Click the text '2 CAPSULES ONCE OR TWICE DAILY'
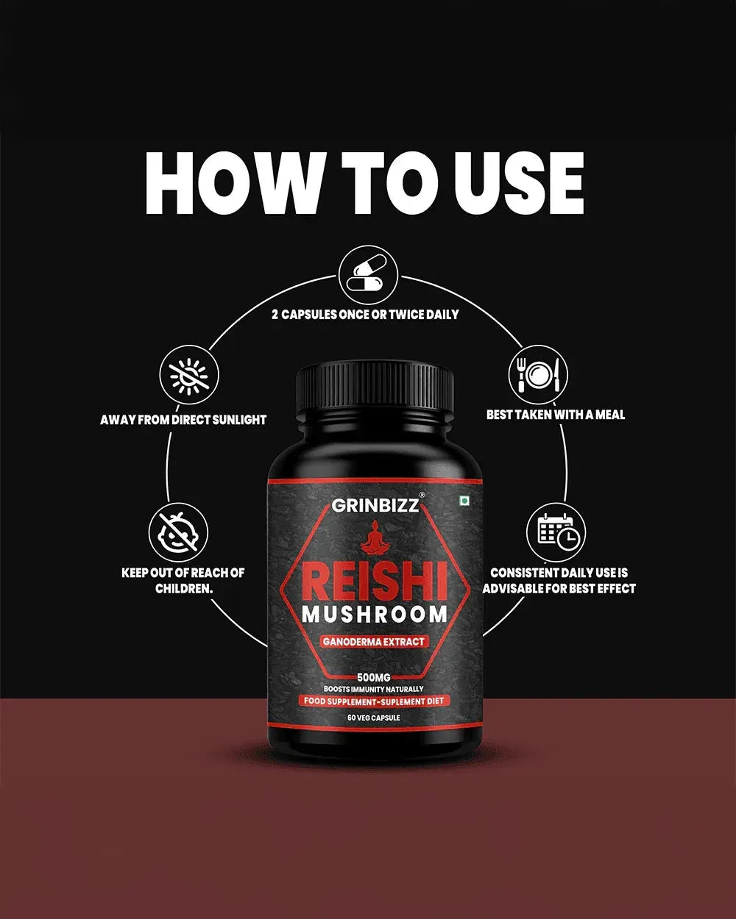tap(365, 315)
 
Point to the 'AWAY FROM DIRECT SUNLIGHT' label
tap(183, 420)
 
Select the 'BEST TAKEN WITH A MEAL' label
tap(556, 415)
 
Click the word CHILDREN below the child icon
tap(184, 589)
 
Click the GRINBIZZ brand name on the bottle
tap(375, 505)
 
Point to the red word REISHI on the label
tap(375, 577)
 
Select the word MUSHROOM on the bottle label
tap(375, 614)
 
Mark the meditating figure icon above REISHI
tap(375, 538)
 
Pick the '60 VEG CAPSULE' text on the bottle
tap(375, 718)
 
